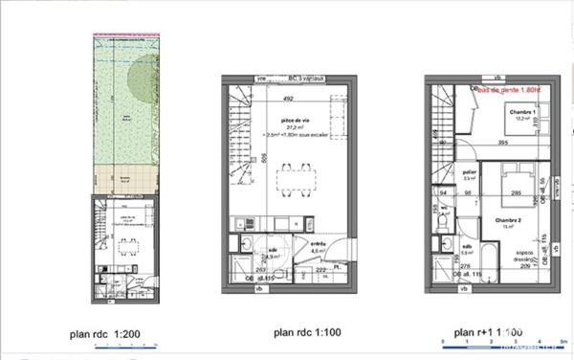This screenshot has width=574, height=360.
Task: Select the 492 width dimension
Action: (x=286, y=97)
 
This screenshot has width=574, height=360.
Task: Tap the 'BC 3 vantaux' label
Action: (x=307, y=79)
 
